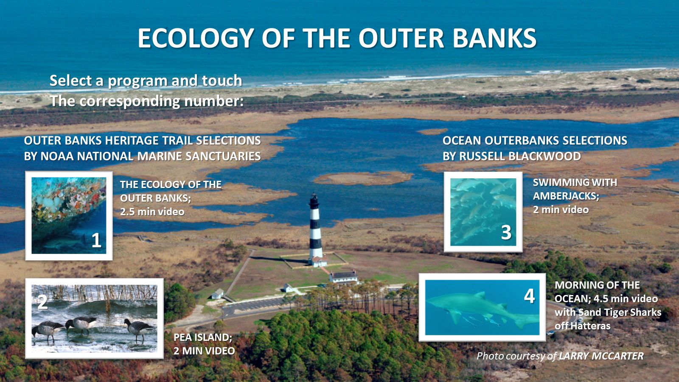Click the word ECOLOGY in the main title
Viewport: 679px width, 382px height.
click(196, 39)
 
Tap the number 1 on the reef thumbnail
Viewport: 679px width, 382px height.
click(96, 240)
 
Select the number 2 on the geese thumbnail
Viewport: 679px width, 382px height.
click(42, 302)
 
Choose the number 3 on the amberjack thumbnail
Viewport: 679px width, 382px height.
click(506, 233)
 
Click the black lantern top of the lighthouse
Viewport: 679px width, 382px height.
click(314, 201)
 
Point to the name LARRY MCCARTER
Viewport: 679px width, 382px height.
click(601, 356)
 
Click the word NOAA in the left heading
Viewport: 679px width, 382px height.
click(56, 156)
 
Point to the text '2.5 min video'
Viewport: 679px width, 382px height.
click(152, 212)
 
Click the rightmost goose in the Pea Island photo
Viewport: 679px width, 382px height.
click(139, 329)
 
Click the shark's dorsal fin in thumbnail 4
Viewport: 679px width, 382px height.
click(480, 295)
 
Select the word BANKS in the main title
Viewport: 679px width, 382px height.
click(495, 39)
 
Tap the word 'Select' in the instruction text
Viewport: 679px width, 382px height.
click(71, 81)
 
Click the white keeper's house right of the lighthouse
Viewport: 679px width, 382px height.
click(344, 276)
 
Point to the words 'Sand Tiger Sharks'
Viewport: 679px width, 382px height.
click(609, 312)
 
